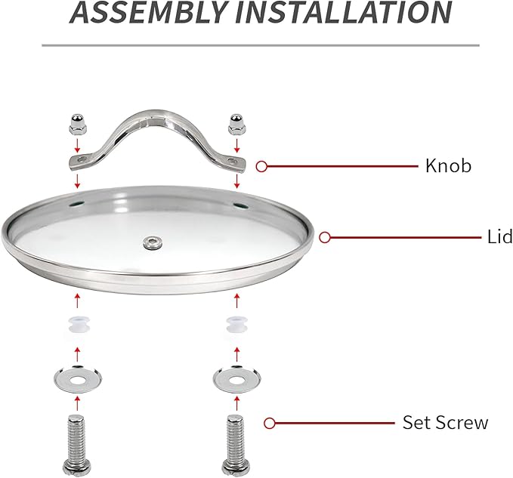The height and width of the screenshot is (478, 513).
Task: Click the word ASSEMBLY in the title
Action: click(x=149, y=12)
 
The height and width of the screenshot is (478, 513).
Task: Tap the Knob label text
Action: click(x=448, y=166)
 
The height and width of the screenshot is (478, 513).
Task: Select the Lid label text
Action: click(x=499, y=236)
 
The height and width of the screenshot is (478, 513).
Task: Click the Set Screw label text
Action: click(x=445, y=422)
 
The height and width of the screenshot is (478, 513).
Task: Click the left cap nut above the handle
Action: click(x=77, y=124)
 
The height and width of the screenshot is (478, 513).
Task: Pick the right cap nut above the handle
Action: click(x=236, y=125)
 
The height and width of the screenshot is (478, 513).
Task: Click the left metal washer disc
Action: click(x=78, y=379)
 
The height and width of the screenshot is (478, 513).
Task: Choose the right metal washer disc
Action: click(x=236, y=379)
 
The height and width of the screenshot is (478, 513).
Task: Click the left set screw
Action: click(x=77, y=445)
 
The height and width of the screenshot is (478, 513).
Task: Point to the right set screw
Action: click(x=236, y=445)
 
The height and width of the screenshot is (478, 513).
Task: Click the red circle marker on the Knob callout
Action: click(x=261, y=166)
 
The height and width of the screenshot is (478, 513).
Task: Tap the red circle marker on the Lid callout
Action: click(x=325, y=237)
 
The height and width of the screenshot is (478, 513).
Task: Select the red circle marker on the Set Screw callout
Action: click(x=269, y=424)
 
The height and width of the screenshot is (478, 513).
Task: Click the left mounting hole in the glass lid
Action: click(x=76, y=204)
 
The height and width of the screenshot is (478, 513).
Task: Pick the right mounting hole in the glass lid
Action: click(x=241, y=205)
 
